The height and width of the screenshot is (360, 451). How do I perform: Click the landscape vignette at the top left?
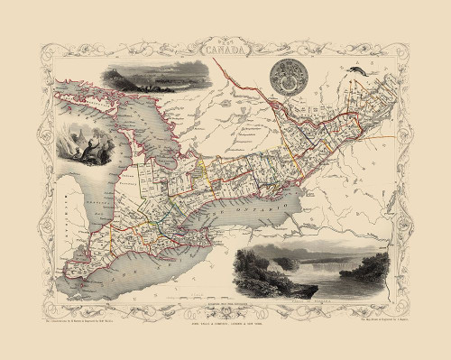141,78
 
